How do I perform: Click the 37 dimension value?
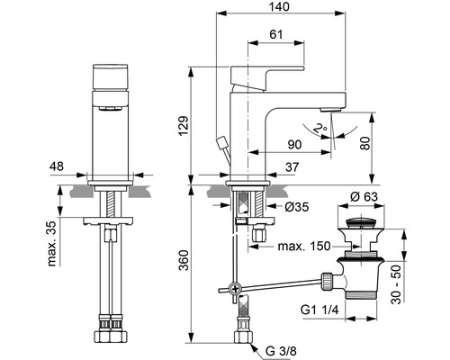pyautogui.click(x=292, y=166)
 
